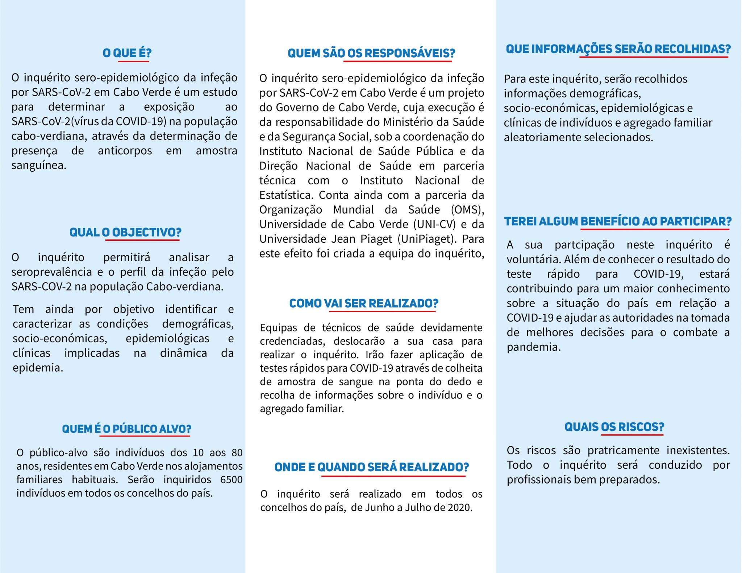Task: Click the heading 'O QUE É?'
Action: pyautogui.click(x=127, y=53)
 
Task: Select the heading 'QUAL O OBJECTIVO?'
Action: pyautogui.click(x=125, y=232)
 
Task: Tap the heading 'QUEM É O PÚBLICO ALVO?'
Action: pyautogui.click(x=126, y=429)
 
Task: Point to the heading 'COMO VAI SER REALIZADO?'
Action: pyautogui.click(x=364, y=303)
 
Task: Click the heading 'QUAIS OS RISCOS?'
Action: pyautogui.click(x=614, y=427)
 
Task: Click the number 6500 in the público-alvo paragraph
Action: pyautogui.click(x=231, y=480)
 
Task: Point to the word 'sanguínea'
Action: pyautogui.click(x=39, y=165)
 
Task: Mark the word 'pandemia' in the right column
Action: pyautogui.click(x=533, y=347)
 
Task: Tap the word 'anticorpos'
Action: pyautogui.click(x=125, y=151)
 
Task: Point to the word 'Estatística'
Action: pyautogui.click(x=285, y=195)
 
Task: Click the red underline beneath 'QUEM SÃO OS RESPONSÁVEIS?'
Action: pyautogui.click(x=397, y=61)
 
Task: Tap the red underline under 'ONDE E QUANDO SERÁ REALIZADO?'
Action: pyautogui.click(x=393, y=476)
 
